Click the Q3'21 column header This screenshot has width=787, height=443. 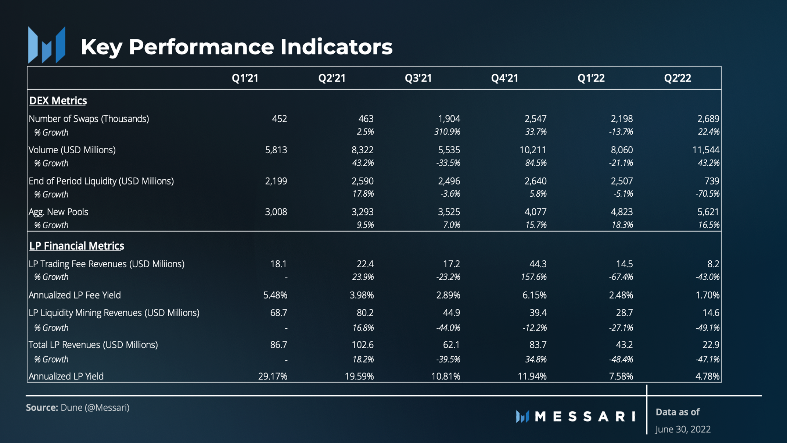click(x=418, y=78)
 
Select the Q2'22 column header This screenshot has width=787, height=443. click(x=678, y=78)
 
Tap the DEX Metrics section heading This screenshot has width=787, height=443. click(x=58, y=100)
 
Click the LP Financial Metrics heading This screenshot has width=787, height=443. click(x=76, y=246)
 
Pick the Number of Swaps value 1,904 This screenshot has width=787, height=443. click(x=449, y=119)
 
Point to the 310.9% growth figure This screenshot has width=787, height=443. click(x=447, y=132)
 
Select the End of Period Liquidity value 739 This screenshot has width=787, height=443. click(x=712, y=181)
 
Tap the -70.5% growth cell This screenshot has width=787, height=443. click(x=707, y=194)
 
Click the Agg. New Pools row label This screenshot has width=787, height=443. click(x=58, y=212)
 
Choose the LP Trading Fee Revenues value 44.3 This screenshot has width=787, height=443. click(x=538, y=264)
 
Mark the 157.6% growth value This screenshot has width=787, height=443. click(x=533, y=277)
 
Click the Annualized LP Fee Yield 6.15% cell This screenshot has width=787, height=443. click(x=534, y=295)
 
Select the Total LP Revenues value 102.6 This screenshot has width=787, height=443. click(x=363, y=344)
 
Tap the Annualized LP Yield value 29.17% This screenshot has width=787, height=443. click(x=273, y=376)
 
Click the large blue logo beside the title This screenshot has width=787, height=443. click(x=47, y=45)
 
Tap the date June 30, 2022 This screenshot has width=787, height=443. click(x=683, y=429)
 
